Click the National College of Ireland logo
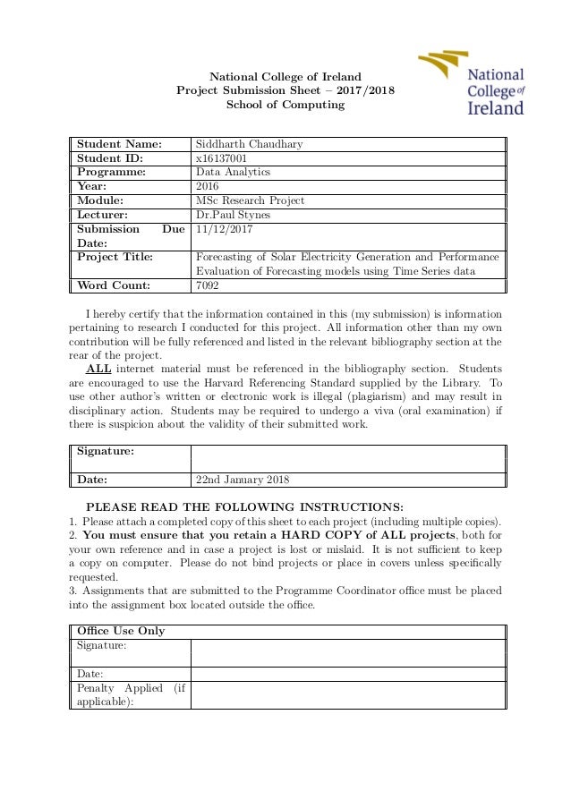(471, 84)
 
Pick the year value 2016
(208, 186)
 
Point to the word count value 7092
(208, 286)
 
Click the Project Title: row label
(115, 258)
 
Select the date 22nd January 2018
(243, 479)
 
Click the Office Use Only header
(121, 631)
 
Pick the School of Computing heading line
(285, 105)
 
